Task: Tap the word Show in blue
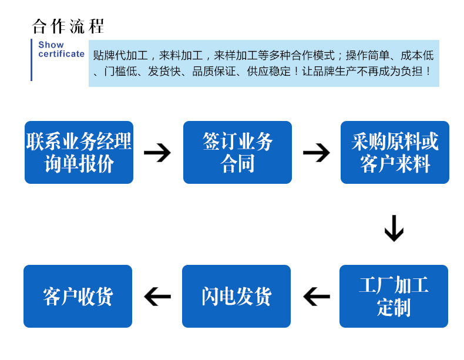click(51, 45)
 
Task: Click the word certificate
click(61, 54)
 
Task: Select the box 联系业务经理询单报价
click(79, 153)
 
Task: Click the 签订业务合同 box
click(237, 153)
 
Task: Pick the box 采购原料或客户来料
click(395, 153)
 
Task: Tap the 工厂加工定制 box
click(394, 297)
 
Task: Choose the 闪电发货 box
click(236, 297)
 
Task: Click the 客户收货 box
click(78, 297)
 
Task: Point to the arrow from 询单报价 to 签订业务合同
click(157, 153)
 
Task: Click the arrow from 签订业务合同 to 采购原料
click(317, 153)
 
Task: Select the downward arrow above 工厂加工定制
click(394, 228)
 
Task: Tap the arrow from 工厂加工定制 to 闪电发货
click(317, 297)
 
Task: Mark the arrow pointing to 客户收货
click(157, 297)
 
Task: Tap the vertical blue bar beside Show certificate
click(31, 60)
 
